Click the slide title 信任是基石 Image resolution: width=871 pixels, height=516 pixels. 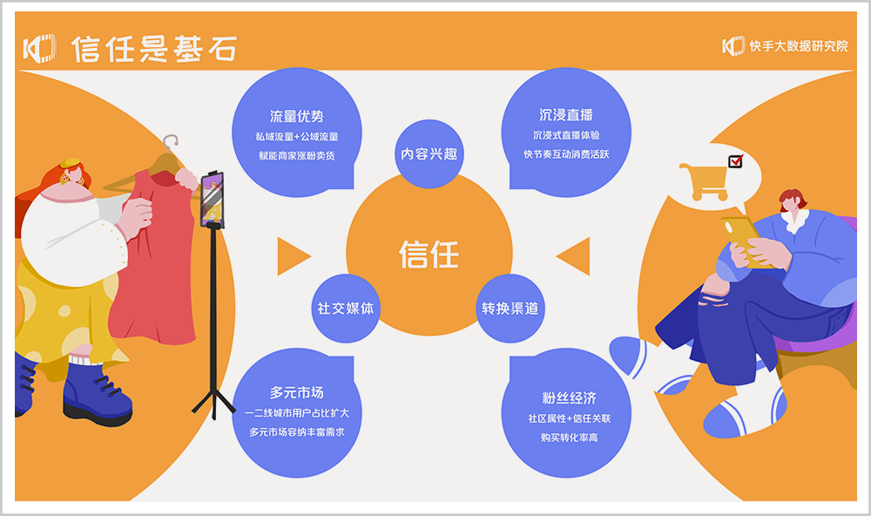pos(153,48)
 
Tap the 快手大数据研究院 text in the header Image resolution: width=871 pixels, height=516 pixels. pos(798,46)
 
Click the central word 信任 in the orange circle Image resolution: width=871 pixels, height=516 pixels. pos(429,255)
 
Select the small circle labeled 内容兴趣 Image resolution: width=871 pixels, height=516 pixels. pos(429,154)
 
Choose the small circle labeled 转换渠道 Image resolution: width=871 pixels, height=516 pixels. pos(510,309)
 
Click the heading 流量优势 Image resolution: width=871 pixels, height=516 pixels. pos(297,116)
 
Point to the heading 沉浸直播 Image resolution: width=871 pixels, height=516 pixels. pos(566,115)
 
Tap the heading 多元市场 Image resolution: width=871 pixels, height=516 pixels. pos(297,392)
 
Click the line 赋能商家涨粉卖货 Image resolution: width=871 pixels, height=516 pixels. pos(297,155)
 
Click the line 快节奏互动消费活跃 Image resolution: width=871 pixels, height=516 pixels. pos(566,154)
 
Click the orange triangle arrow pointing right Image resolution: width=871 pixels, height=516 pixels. pos(292,255)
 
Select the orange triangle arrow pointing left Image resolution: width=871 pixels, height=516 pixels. pos(574,255)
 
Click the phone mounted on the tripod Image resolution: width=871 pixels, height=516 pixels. pos(213,199)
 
